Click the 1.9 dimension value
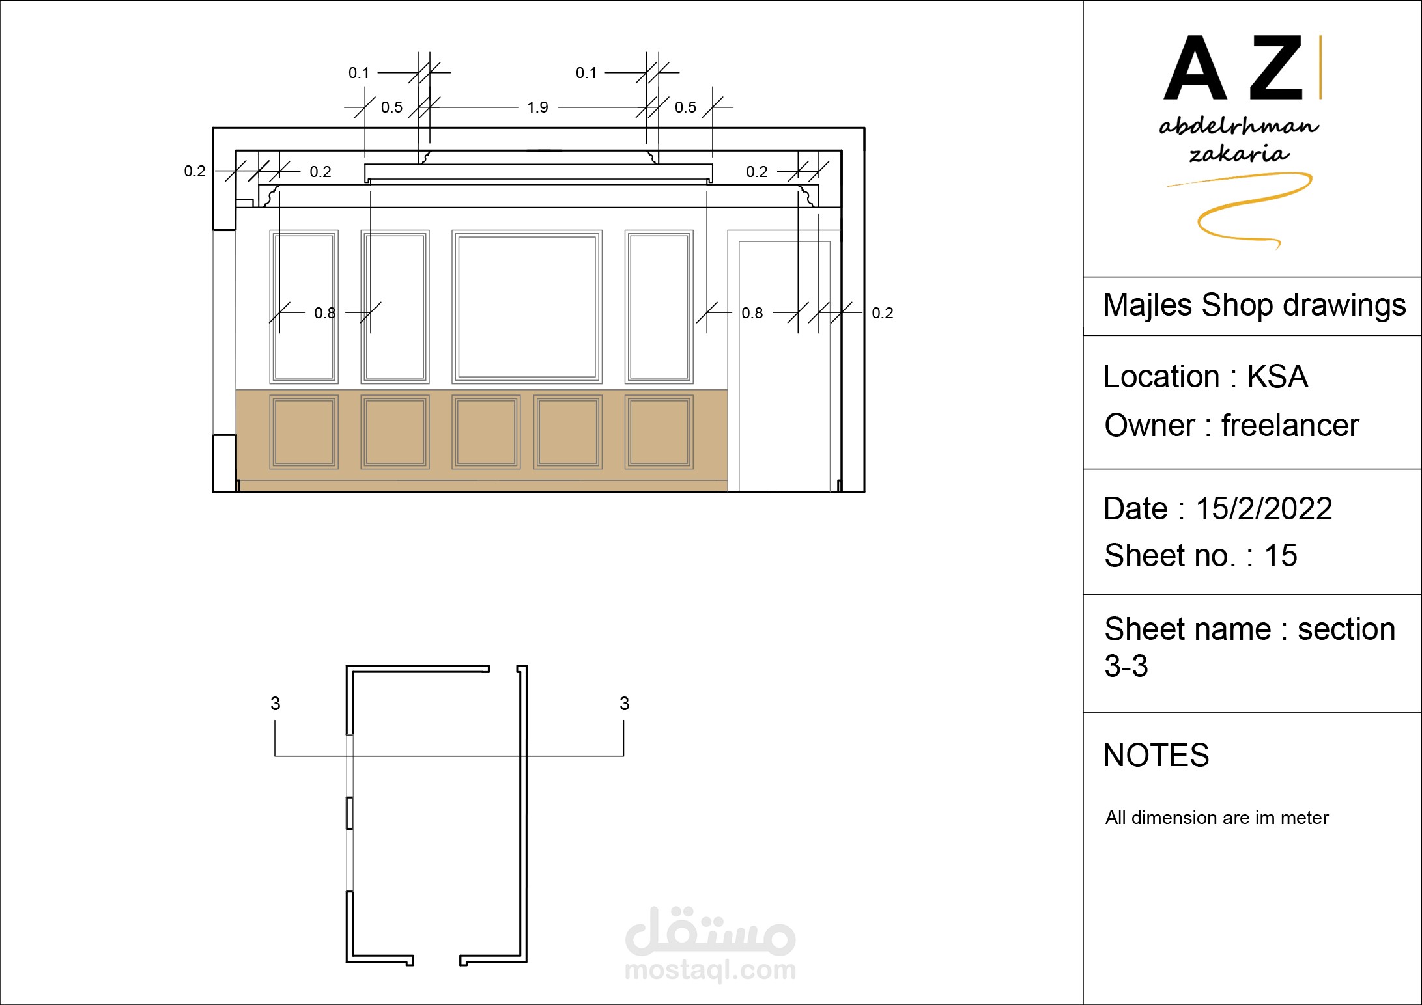537,107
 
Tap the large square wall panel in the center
527,307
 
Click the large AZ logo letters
1233,68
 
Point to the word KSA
1277,376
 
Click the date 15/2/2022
1264,508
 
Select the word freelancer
1290,425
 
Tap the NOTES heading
1156,755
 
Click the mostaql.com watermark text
710,970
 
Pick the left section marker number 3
276,703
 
